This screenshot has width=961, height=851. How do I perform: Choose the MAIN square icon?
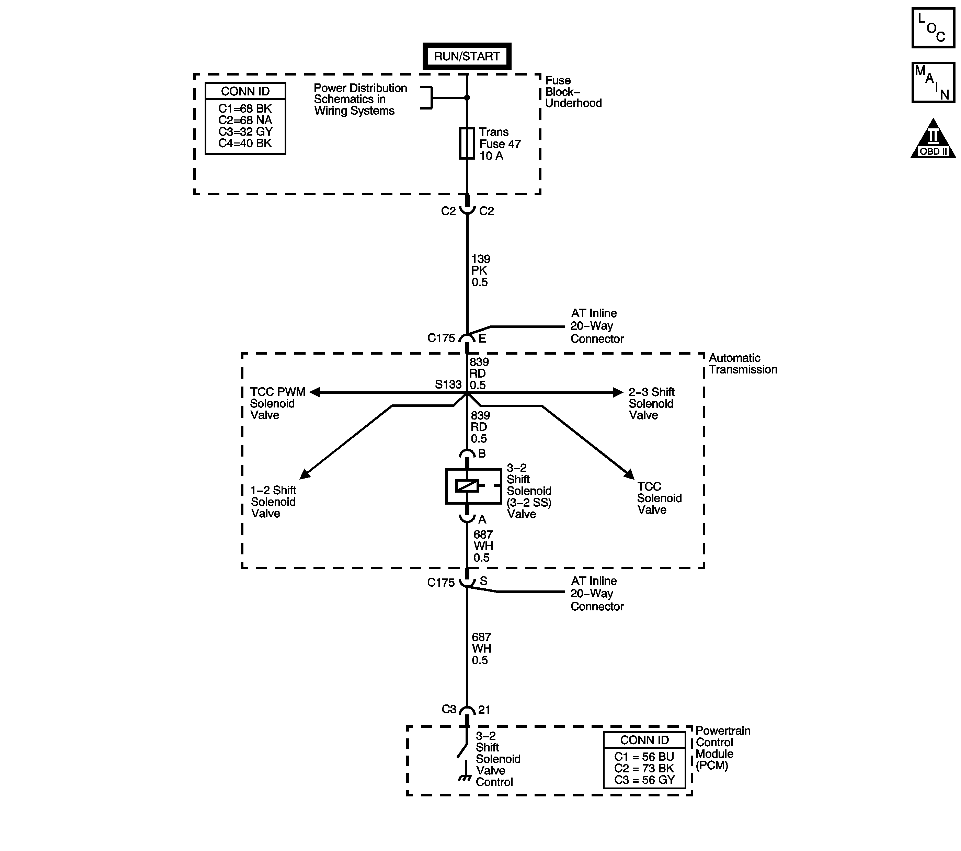(933, 82)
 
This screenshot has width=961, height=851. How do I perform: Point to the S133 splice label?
(448, 384)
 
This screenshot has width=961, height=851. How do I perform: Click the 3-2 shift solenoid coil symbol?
(467, 486)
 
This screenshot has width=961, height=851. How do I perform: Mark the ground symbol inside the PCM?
(465, 779)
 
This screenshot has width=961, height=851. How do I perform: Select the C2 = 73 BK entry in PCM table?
(644, 768)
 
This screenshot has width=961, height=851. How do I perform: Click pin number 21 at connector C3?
(484, 710)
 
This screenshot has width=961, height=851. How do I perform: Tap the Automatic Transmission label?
(742, 364)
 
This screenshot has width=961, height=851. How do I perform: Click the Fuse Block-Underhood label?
(573, 92)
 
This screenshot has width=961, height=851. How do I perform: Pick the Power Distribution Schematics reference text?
(360, 99)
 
